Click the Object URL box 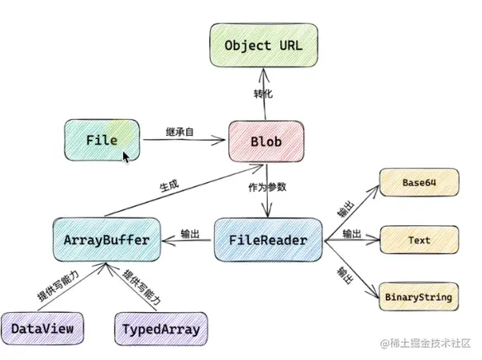265,44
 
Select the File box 101,141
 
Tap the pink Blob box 265,142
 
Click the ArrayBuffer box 105,240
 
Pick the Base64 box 418,182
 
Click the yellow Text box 418,240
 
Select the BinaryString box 418,296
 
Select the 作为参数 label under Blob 267,187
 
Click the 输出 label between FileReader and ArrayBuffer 189,235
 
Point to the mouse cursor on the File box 126,156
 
